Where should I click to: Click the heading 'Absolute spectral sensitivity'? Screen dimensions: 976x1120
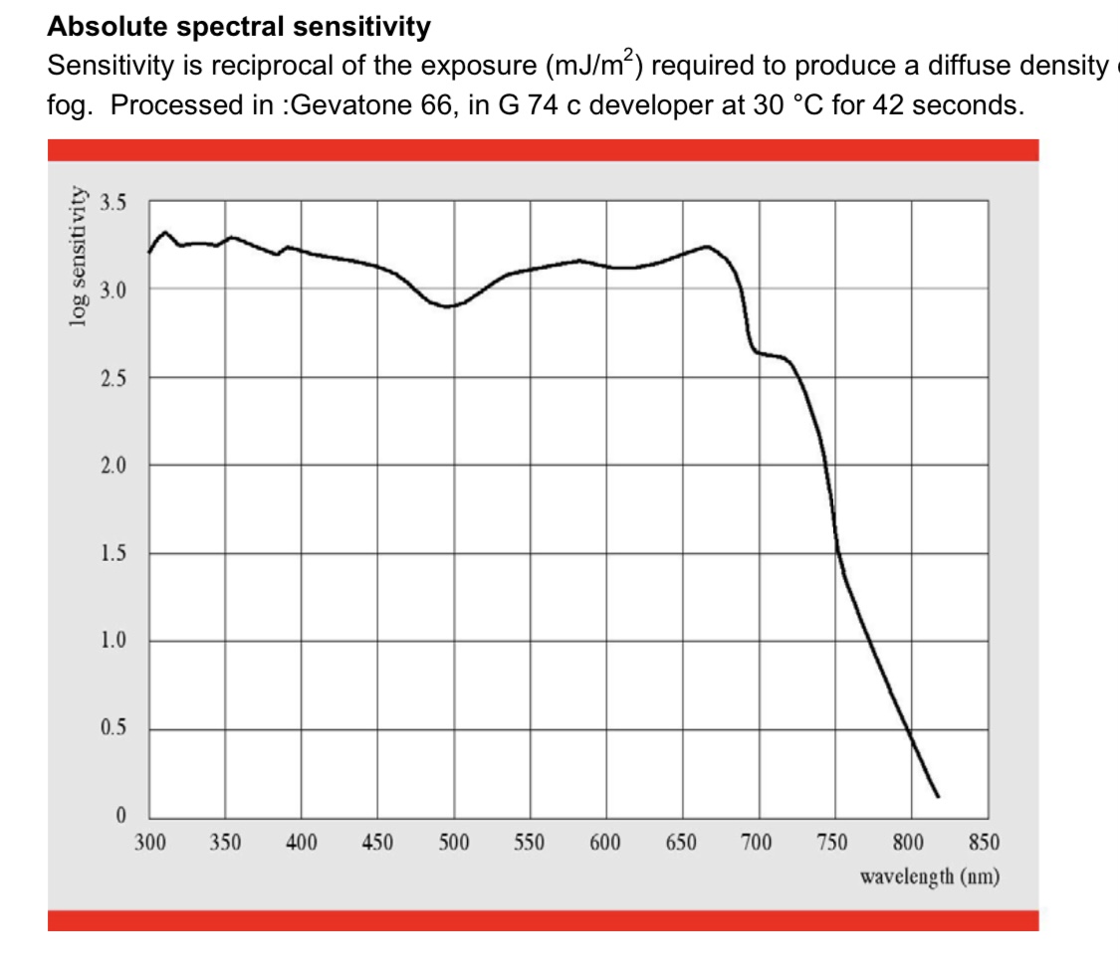[x=239, y=27]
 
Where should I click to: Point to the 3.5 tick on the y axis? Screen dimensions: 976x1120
[x=114, y=203]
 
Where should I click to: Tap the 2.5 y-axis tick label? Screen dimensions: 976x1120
[x=114, y=379]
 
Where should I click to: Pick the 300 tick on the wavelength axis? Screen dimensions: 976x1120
[x=149, y=844]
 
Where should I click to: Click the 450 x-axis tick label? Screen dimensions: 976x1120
[x=377, y=844]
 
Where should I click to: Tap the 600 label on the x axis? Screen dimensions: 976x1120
[x=605, y=844]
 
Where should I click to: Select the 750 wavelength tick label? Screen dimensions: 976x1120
[x=833, y=844]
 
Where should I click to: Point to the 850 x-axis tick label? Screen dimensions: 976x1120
[x=985, y=844]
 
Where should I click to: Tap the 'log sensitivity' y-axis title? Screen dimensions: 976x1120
[x=77, y=257]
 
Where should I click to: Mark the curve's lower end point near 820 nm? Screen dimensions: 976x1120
[x=938, y=797]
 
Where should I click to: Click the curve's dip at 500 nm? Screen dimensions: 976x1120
[x=450, y=306]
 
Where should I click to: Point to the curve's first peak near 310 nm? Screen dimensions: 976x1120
[x=165, y=232]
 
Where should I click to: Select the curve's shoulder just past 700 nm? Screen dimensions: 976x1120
[x=772, y=355]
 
